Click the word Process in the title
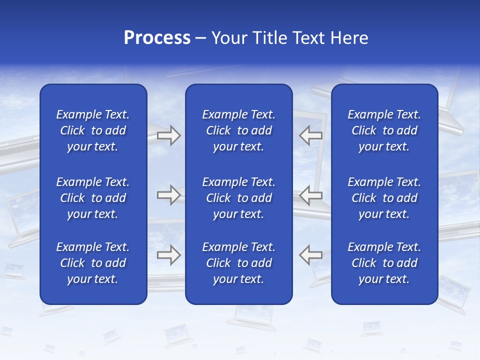[157, 38]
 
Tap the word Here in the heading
[349, 38]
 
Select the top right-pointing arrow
[168, 135]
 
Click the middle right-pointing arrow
[168, 195]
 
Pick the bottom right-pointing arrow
[168, 255]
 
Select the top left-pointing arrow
[310, 135]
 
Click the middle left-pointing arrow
[310, 195]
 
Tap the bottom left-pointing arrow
[310, 255]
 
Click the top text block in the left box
[93, 130]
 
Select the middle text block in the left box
[93, 198]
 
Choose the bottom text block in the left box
[93, 263]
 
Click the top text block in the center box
[239, 130]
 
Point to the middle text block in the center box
[239, 198]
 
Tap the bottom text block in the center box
[239, 263]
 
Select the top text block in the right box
[384, 130]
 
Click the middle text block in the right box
[384, 198]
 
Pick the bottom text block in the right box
[384, 263]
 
